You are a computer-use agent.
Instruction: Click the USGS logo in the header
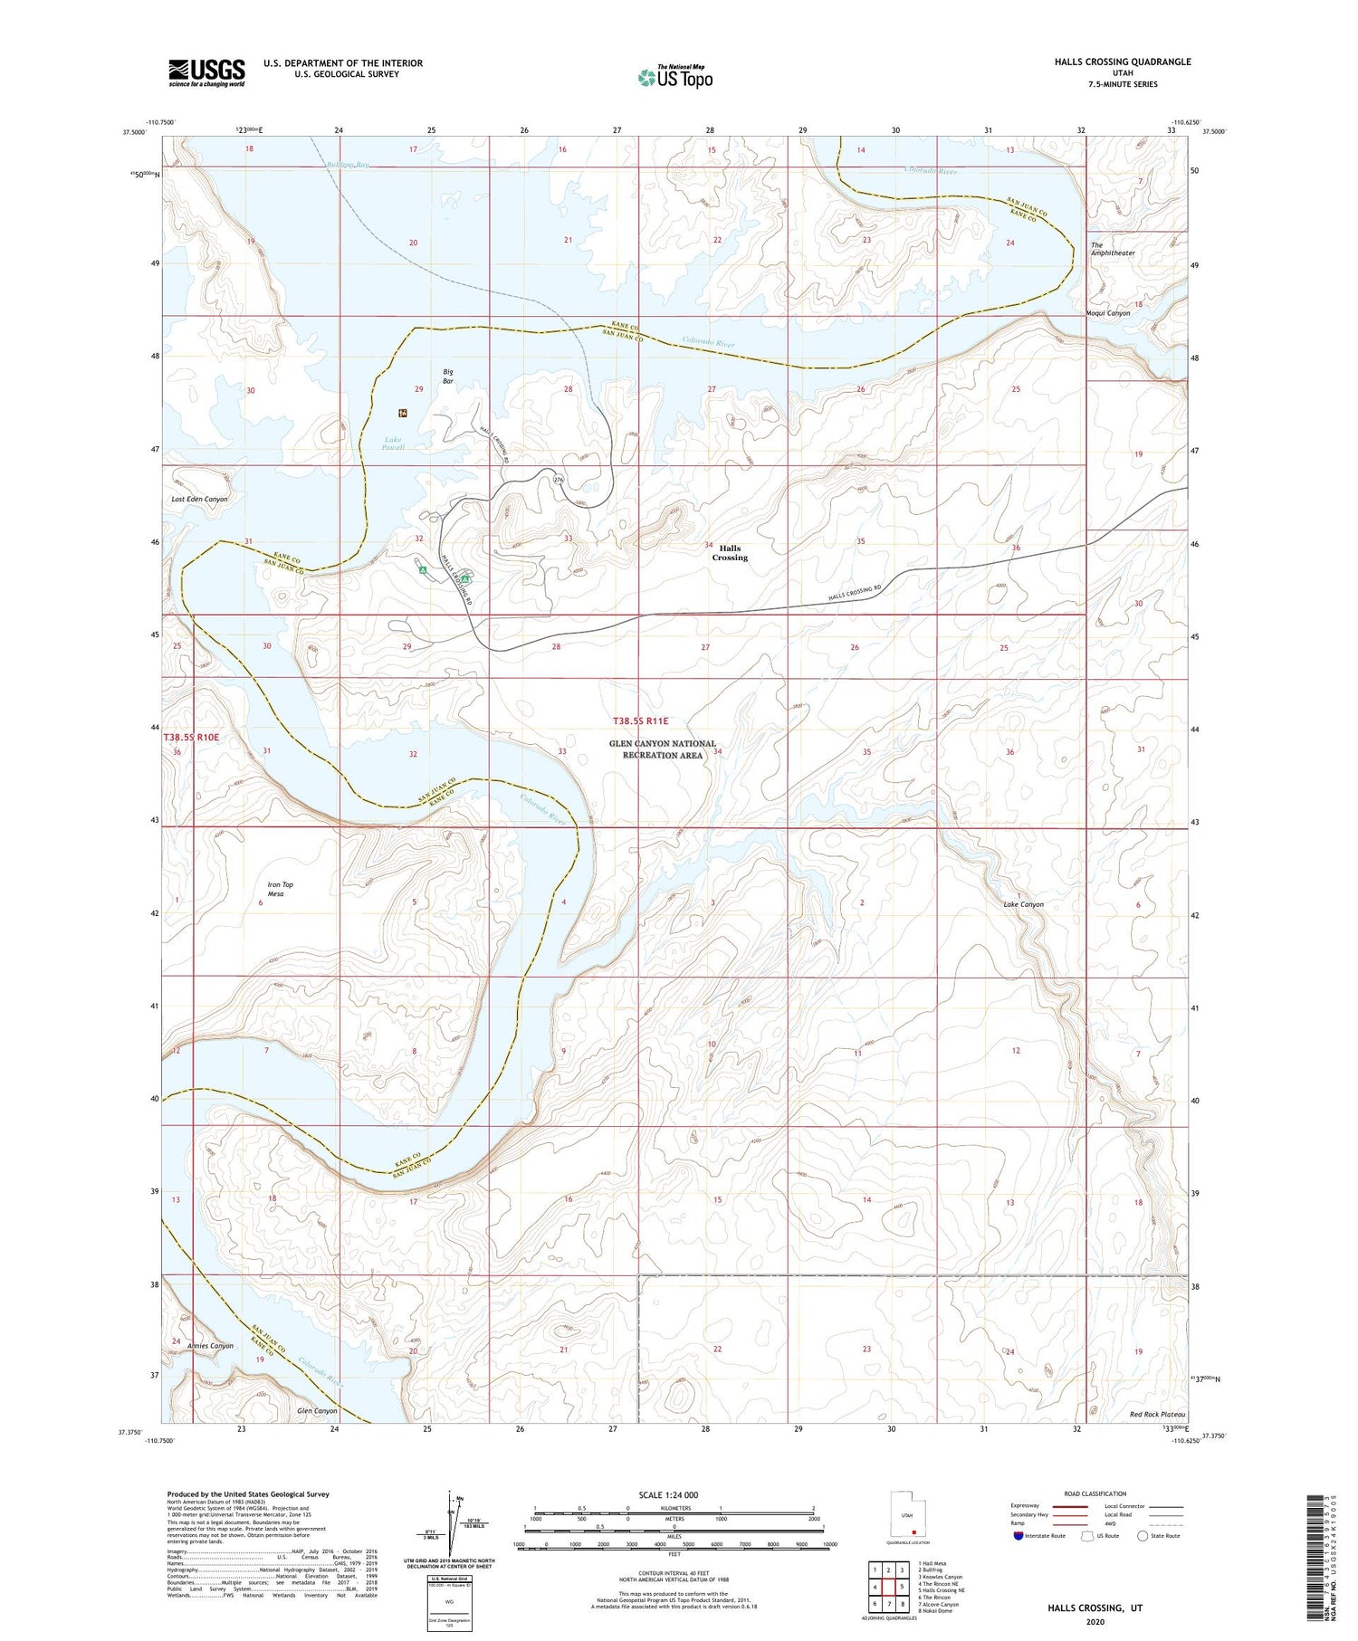click(x=206, y=72)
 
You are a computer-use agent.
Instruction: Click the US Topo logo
click(x=674, y=78)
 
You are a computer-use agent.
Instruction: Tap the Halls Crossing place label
click(x=730, y=553)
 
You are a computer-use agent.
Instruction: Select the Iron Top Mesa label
click(x=280, y=889)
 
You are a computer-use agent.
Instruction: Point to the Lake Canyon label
click(x=1023, y=904)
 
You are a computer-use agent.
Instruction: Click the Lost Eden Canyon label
click(x=199, y=499)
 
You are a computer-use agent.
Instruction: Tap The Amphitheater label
click(x=1112, y=249)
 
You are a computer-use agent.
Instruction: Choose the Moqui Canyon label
click(x=1107, y=313)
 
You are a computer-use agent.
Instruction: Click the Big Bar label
click(x=447, y=377)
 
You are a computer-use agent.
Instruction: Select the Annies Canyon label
click(x=210, y=1346)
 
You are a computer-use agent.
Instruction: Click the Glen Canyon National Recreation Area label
click(x=662, y=749)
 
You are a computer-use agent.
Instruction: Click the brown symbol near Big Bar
click(x=403, y=413)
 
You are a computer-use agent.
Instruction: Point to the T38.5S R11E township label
click(x=640, y=721)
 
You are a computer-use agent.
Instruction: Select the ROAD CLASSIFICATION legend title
click(x=1095, y=1493)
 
